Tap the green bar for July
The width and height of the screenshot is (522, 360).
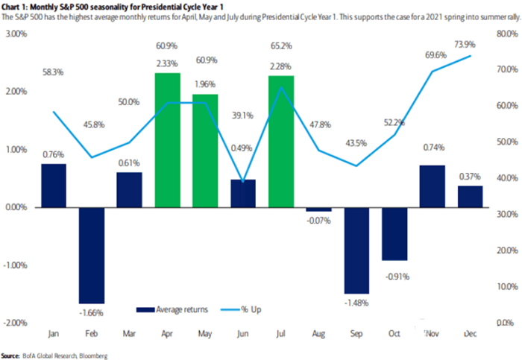tap(282, 141)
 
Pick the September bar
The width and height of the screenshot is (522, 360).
tap(357, 250)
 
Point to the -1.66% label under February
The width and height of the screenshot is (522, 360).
tap(91, 311)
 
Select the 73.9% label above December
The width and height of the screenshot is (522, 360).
tap(469, 45)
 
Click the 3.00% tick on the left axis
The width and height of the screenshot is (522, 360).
tap(16, 34)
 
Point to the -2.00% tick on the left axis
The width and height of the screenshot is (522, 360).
tap(16, 323)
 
